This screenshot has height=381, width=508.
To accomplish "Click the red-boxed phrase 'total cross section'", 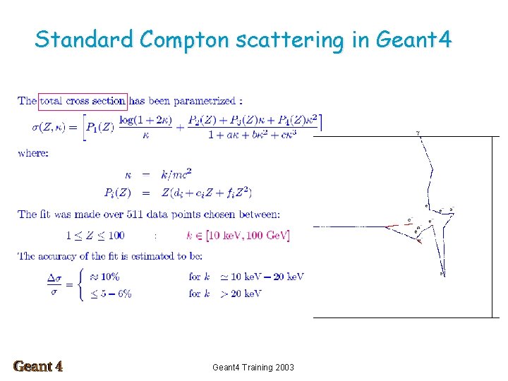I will click(83, 101).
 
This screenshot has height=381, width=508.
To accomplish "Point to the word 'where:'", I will click(33, 153).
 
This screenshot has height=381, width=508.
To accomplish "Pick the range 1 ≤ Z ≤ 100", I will click(95, 235).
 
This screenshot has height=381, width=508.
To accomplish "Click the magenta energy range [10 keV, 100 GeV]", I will click(237, 235).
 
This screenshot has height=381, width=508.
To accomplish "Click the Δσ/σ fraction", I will click(54, 285).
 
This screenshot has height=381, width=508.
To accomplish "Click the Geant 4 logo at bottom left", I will click(38, 366).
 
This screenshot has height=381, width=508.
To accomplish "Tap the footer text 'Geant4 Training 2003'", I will click(253, 367).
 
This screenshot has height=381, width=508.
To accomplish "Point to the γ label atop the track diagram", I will click(418, 132).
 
